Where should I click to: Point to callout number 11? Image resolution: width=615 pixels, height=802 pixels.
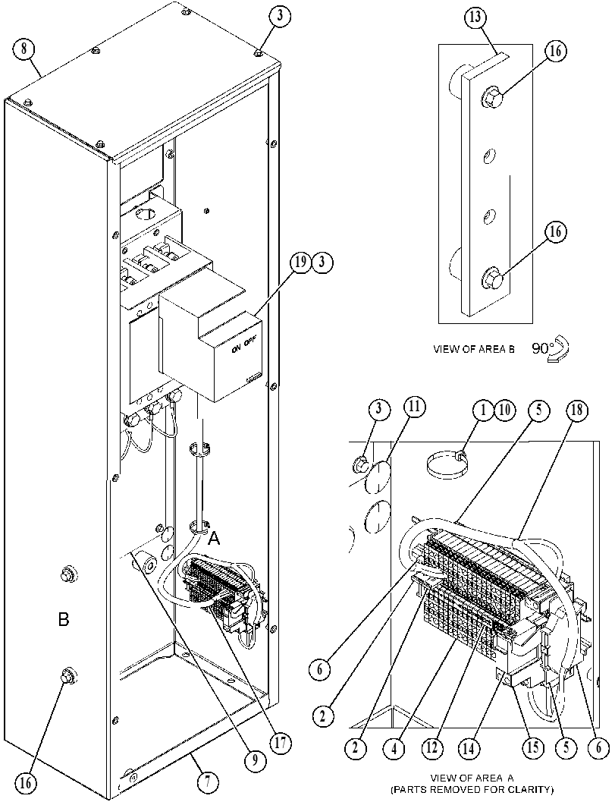point(414,409)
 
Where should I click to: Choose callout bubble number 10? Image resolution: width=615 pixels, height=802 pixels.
point(504,410)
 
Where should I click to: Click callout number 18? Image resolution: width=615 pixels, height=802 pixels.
point(577,410)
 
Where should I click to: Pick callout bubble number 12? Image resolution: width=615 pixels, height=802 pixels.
point(432,748)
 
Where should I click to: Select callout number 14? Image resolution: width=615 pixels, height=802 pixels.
point(469,748)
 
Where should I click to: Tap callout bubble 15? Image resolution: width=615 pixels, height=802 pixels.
point(532,747)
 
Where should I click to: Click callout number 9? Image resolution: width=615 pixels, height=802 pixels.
point(254,760)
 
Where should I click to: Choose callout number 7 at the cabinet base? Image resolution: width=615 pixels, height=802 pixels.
point(208,782)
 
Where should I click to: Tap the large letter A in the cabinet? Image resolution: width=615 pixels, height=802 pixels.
point(215,538)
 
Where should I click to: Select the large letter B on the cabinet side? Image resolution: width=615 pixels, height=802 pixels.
point(64,620)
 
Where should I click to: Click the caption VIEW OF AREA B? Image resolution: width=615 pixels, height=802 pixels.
point(473,349)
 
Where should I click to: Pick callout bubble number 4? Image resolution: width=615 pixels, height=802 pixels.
point(394,748)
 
